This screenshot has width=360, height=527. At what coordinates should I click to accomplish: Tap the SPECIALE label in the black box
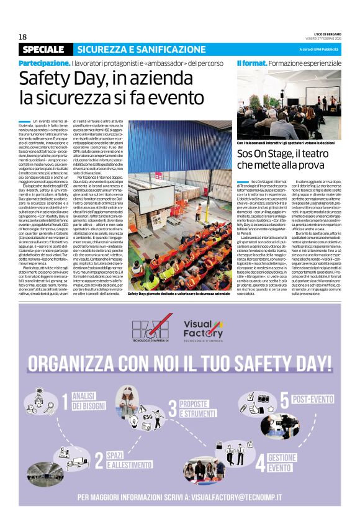click(x=43, y=49)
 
